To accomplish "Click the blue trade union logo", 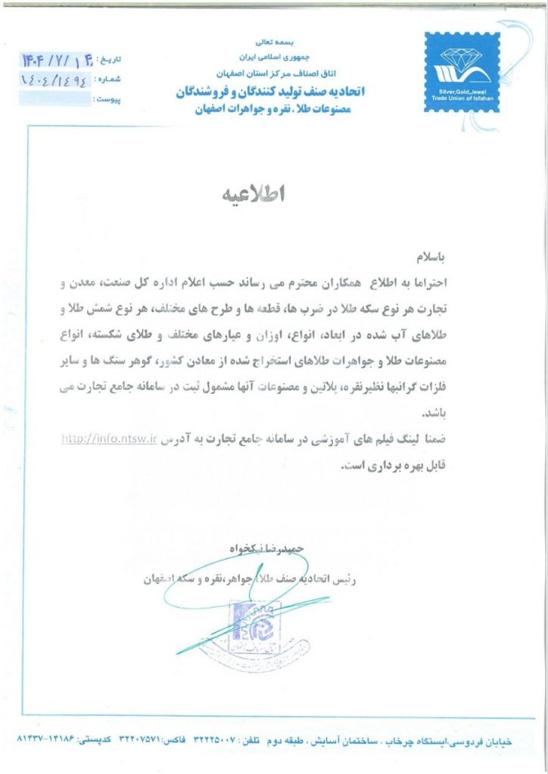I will click(x=462, y=72).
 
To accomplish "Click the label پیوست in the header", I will click(x=108, y=99).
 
